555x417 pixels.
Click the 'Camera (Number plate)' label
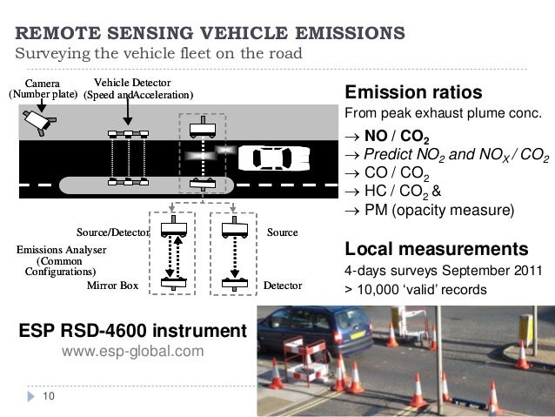click(x=42, y=89)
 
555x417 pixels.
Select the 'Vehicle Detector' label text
click(x=127, y=83)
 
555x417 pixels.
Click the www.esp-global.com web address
click(x=132, y=352)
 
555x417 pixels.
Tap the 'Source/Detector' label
click(x=113, y=232)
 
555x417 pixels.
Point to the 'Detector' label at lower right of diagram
click(x=283, y=286)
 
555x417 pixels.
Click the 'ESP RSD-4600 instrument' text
click(x=133, y=331)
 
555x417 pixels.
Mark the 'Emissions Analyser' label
click(x=61, y=250)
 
